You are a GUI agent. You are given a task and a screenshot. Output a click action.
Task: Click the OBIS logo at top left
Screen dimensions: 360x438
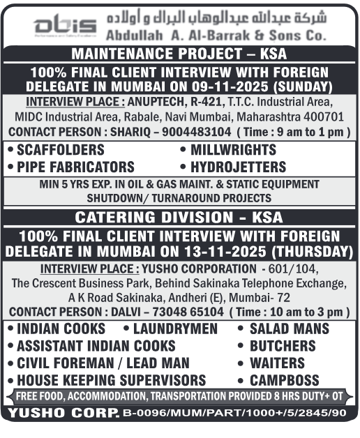(x=52, y=24)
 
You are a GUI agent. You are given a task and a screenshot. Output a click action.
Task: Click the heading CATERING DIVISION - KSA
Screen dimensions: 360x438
(x=179, y=216)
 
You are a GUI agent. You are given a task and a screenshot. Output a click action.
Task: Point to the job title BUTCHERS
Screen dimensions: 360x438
(x=283, y=346)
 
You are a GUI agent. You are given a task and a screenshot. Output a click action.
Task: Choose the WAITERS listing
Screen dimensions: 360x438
(x=277, y=363)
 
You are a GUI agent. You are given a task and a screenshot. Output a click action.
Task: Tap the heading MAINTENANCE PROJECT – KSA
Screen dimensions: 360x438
(x=179, y=54)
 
